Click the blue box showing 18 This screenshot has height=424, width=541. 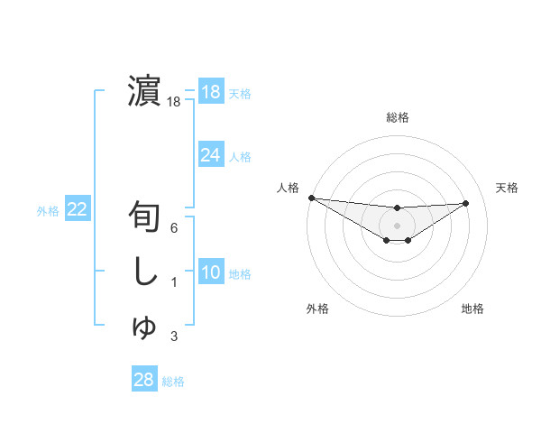pos(211,92)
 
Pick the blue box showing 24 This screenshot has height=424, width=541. pos(211,155)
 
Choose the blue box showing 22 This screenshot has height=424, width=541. pos(78,209)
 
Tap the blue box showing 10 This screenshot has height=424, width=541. pos(211,272)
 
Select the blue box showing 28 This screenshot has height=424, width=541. pos(144,380)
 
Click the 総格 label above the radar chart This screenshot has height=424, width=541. pos(397,117)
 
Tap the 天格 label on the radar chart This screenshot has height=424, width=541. pos(507,188)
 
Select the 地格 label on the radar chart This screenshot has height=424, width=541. pos(472,309)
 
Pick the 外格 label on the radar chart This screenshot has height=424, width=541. pos(317,309)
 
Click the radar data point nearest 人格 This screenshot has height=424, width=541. pos(311,198)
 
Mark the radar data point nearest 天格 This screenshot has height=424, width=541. pos(466,203)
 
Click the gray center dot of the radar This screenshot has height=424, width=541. pos(397,226)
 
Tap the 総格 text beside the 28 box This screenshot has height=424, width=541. pos(174,381)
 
